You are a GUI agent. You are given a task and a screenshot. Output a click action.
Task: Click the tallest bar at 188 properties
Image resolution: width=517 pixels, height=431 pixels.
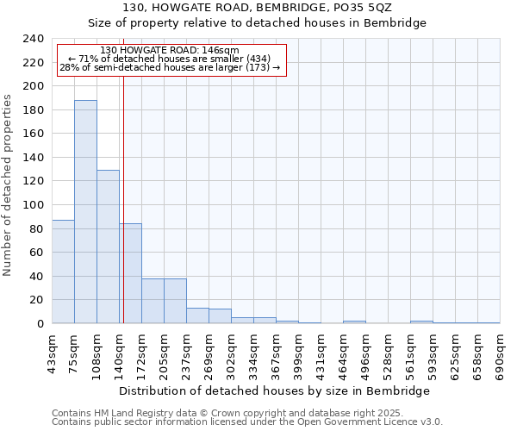[85, 211]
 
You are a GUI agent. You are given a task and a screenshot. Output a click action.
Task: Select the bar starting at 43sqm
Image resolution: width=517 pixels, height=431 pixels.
[63, 272]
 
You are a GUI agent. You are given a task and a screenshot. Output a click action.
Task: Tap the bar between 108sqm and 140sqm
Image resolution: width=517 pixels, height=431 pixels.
[108, 247]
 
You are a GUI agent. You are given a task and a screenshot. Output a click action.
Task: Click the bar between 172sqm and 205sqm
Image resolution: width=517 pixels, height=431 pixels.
[153, 301]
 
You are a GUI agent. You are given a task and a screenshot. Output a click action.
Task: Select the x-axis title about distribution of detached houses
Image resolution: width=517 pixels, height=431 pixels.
[274, 390]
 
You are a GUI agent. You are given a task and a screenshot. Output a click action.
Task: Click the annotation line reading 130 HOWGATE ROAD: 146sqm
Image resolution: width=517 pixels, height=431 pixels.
[170, 50]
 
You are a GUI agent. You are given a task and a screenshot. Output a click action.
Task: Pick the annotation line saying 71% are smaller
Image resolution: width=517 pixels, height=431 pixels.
[170, 59]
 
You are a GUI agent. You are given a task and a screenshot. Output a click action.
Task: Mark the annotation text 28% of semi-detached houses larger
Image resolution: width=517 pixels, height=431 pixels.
[170, 67]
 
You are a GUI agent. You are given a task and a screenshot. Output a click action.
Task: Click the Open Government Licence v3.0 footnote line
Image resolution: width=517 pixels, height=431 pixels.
[247, 422]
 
